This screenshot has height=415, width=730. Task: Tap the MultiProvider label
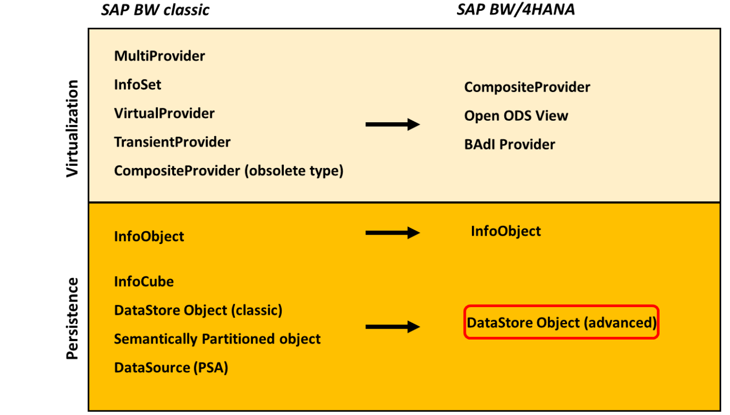click(x=159, y=56)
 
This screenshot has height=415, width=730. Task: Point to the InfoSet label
click(x=137, y=84)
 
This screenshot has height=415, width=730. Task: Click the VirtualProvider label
click(x=164, y=113)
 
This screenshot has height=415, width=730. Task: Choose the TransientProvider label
click(x=172, y=142)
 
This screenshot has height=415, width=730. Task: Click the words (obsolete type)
click(x=294, y=171)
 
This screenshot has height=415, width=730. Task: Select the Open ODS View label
click(x=516, y=116)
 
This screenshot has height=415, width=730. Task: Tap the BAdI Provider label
click(x=509, y=145)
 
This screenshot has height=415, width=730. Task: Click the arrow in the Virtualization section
click(x=392, y=124)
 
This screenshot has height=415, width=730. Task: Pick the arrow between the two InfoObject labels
click(x=392, y=233)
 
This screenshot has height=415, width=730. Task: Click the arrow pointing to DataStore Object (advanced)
click(x=392, y=327)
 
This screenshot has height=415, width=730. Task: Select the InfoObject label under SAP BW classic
click(x=149, y=236)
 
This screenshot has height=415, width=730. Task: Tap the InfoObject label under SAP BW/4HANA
click(x=505, y=231)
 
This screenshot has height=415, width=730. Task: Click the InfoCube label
click(x=143, y=281)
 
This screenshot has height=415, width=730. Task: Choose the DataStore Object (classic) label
click(x=198, y=310)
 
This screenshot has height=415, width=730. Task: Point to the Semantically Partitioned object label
click(x=217, y=339)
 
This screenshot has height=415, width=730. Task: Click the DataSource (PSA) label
click(x=171, y=368)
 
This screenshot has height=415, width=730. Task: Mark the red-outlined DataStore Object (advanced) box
click(x=561, y=323)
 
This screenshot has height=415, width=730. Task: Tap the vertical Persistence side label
click(x=73, y=318)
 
